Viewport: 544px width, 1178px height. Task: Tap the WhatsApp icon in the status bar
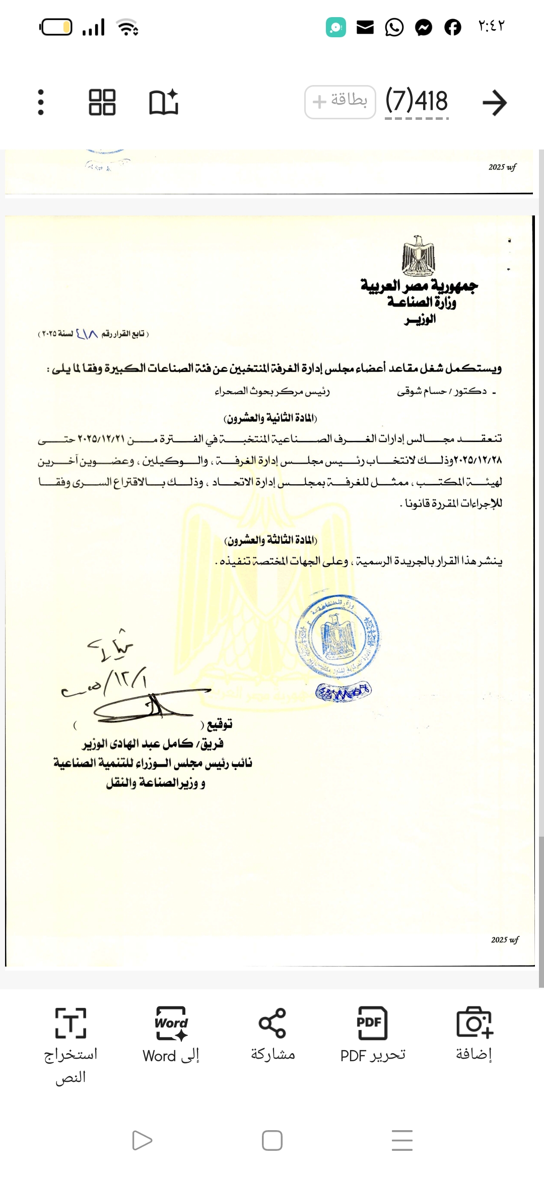coord(394,27)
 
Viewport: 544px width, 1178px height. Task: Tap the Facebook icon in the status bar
coord(452,27)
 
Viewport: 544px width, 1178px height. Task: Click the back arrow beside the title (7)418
coord(494,103)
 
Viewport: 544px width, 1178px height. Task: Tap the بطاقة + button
coord(340,102)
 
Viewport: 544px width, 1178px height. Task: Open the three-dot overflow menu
coord(41,102)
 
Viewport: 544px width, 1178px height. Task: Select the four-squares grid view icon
coord(102,102)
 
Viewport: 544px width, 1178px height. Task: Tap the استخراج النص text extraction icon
coord(71,1023)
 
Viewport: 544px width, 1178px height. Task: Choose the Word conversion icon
coord(171,1023)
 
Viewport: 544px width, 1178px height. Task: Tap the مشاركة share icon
coord(272,1023)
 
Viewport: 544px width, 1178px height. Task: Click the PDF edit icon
coord(372,1023)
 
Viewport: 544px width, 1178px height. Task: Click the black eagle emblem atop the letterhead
coord(419,256)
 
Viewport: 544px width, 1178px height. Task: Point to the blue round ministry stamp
coord(337,637)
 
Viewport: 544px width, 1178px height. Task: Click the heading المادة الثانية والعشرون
coord(270,418)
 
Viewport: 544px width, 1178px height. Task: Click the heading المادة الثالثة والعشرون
coord(270,541)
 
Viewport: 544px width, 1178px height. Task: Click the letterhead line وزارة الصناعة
coord(422,302)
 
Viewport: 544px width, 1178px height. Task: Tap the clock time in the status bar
coord(491,26)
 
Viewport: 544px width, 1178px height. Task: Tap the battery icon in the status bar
coord(56,27)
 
